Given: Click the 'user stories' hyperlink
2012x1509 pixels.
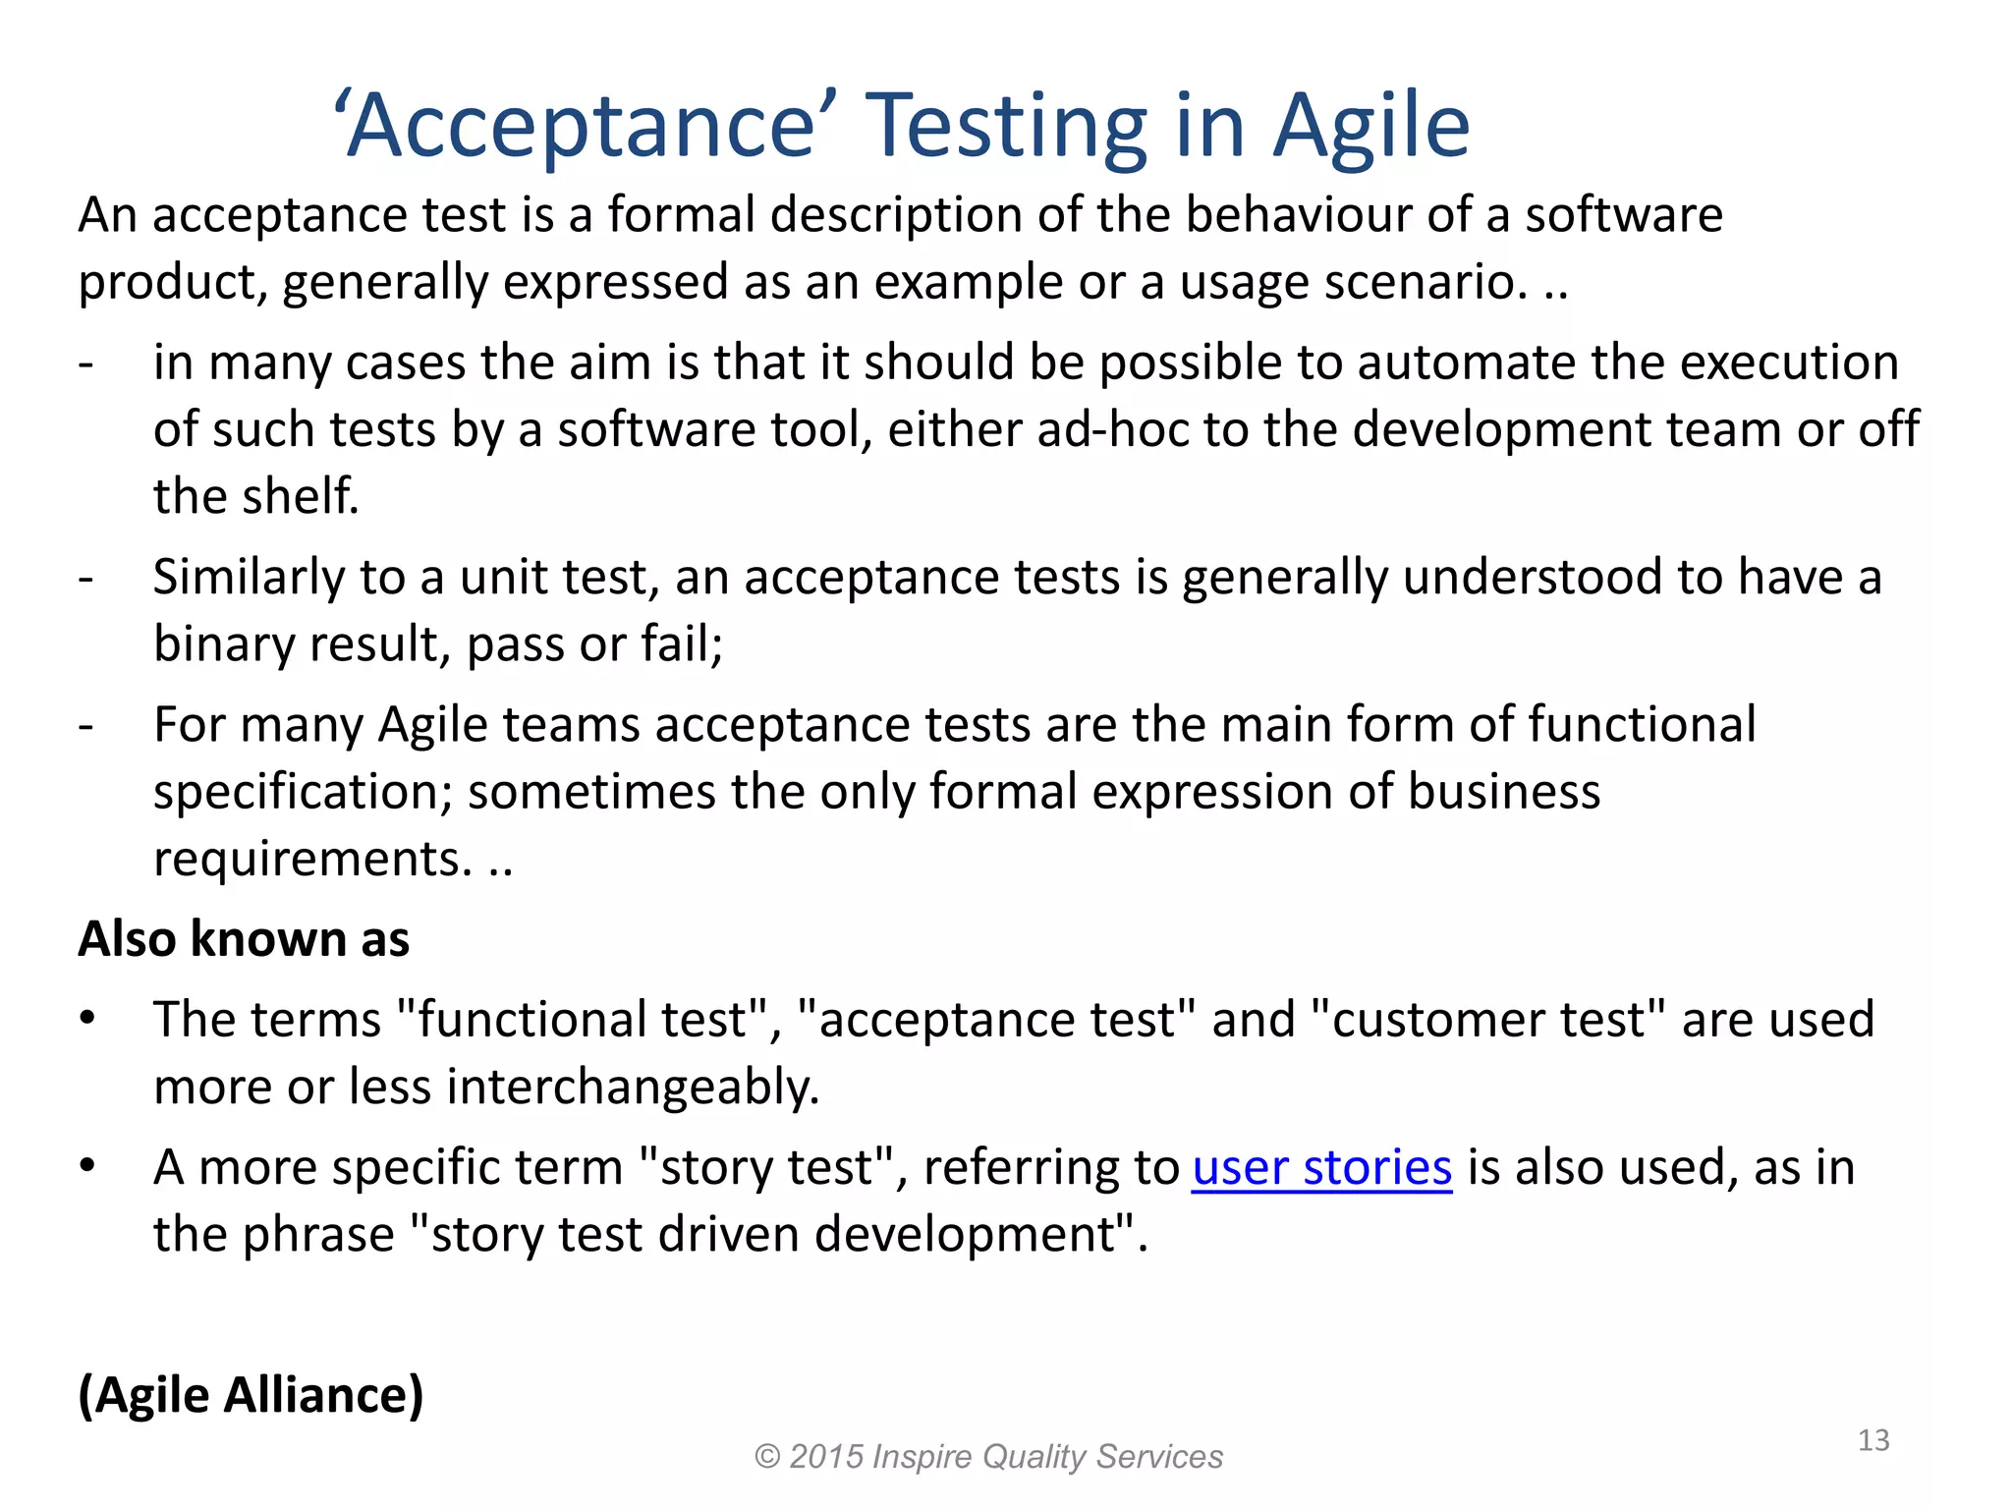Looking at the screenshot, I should [1321, 1168].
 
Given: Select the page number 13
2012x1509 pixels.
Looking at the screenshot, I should [1873, 1440].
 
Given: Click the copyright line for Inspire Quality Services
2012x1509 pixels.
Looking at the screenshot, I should [988, 1456].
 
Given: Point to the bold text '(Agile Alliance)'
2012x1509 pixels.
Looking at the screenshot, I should [251, 1395].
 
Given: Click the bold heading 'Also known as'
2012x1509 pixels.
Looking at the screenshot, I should [244, 938].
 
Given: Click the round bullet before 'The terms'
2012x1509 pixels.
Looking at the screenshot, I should [87, 1018].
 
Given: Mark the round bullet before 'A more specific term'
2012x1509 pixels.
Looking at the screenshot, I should [87, 1166].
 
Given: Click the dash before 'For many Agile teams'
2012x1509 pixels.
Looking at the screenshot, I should [86, 726].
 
